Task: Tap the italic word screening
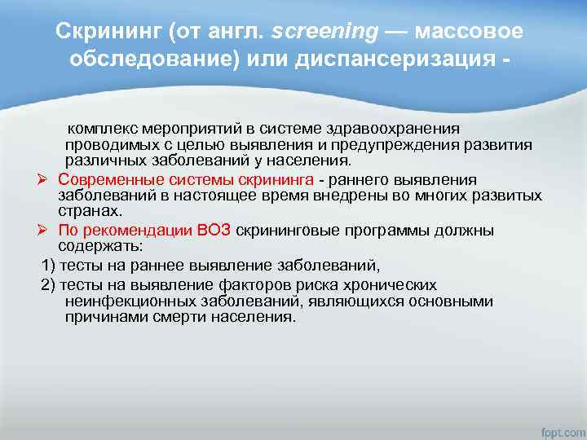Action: click(x=324, y=32)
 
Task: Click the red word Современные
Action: click(x=111, y=179)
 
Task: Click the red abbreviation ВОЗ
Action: click(x=214, y=231)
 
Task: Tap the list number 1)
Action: click(x=48, y=265)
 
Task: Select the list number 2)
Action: click(x=48, y=285)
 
